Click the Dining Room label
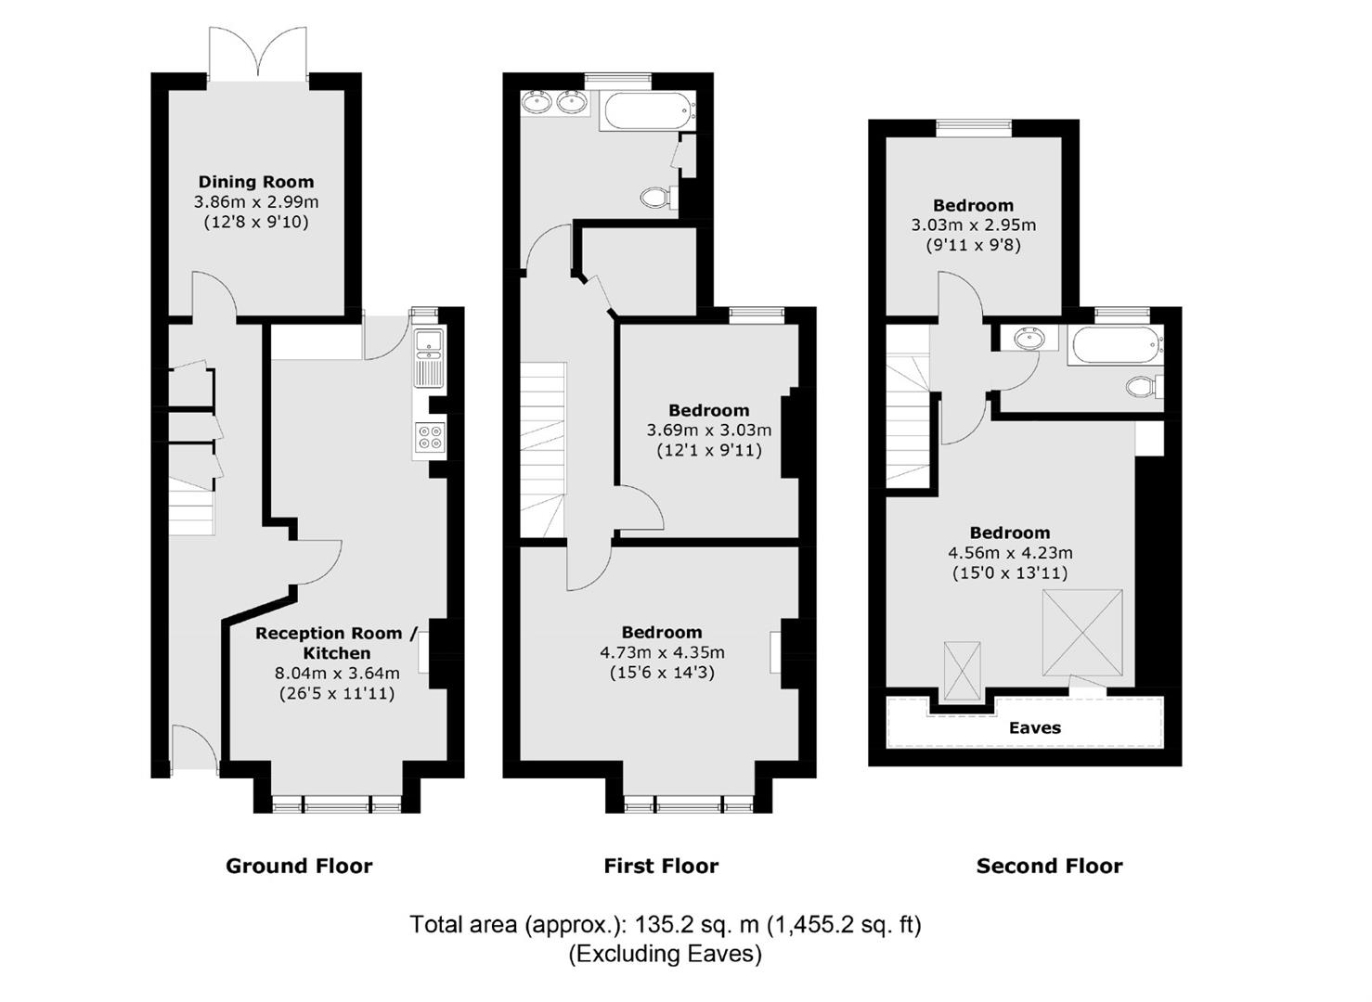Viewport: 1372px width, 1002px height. click(256, 182)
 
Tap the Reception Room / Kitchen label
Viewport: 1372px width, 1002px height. click(337, 643)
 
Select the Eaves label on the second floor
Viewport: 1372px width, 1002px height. click(1034, 727)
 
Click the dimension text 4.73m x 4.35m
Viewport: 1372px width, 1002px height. click(662, 652)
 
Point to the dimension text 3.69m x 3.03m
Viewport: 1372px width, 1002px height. click(708, 430)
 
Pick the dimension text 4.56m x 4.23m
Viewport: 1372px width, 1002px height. click(1010, 553)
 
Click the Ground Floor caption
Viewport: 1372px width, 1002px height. click(299, 867)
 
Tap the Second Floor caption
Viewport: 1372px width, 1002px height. click(1049, 867)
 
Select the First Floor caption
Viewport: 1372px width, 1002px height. click(661, 867)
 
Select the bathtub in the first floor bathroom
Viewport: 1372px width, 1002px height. click(651, 110)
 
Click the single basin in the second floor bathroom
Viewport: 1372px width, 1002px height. click(1029, 339)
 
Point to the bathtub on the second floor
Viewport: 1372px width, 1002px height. click(1116, 346)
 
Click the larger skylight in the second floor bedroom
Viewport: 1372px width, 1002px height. click(1083, 633)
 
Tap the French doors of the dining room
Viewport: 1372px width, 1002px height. click(257, 54)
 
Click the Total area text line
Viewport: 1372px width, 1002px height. click(666, 925)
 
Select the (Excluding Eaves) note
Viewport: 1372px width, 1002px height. click(666, 955)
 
